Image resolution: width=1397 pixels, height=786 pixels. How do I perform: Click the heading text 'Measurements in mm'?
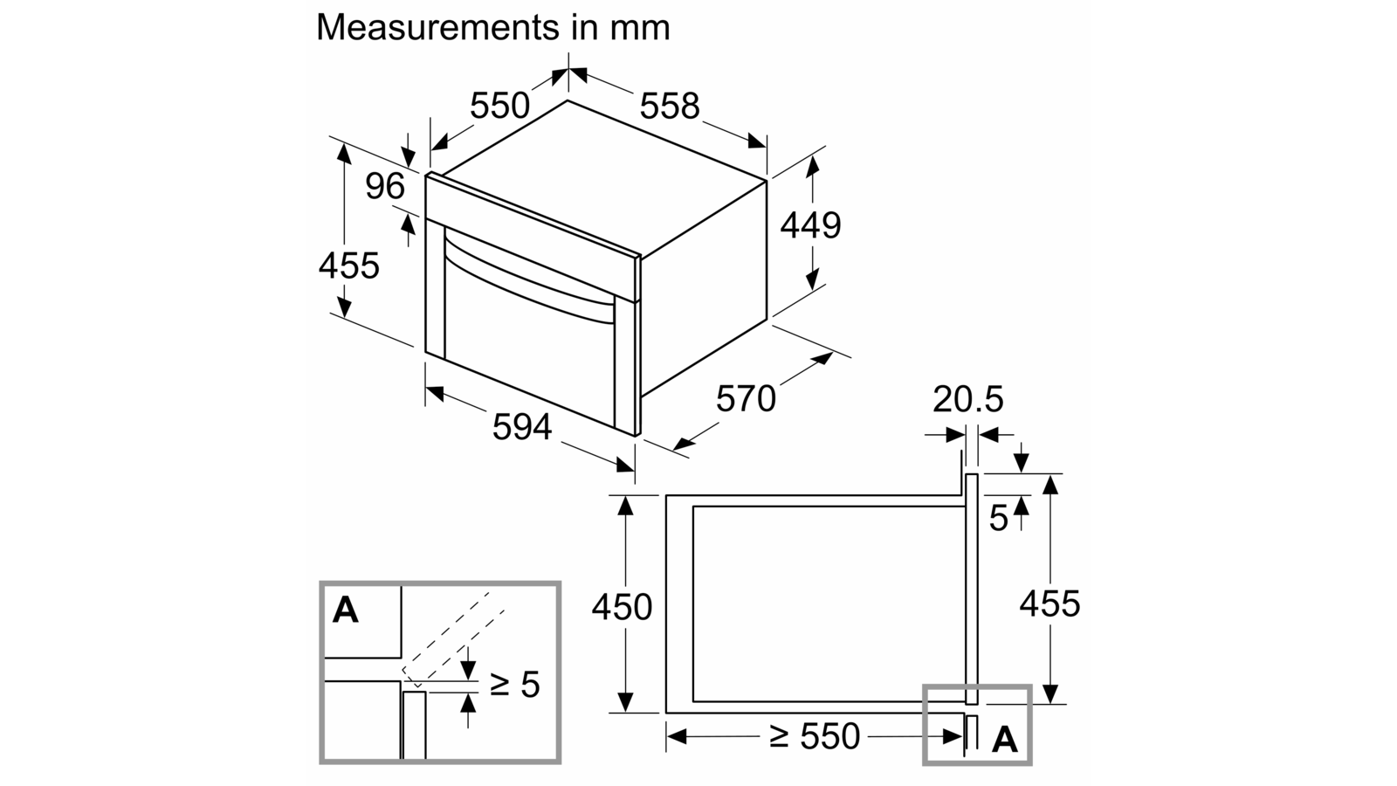click(492, 27)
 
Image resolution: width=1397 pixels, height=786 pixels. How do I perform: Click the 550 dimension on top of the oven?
click(499, 106)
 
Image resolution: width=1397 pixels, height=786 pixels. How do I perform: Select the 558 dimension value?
click(671, 106)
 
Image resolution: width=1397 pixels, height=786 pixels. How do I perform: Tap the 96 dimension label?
click(385, 186)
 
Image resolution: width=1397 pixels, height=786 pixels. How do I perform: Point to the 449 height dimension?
click(811, 225)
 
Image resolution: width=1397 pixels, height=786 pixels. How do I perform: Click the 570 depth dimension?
click(746, 398)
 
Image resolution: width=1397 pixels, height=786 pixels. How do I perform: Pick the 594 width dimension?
click(523, 427)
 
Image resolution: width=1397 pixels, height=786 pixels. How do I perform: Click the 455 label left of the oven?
click(349, 265)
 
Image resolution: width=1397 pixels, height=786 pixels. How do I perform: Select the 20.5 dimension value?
click(968, 399)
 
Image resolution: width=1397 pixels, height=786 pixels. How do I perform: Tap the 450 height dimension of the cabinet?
click(622, 607)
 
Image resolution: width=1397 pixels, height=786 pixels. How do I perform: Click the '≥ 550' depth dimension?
click(815, 736)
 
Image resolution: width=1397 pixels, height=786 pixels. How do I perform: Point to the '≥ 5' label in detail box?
click(514, 685)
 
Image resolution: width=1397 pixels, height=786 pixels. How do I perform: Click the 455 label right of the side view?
click(1049, 603)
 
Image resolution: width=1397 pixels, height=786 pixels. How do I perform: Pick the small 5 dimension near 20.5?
click(999, 518)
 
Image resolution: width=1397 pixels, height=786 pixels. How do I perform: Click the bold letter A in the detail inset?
click(346, 610)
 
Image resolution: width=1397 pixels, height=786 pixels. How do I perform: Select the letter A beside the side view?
click(1005, 740)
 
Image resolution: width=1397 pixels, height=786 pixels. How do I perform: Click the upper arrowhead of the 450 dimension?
click(625, 506)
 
